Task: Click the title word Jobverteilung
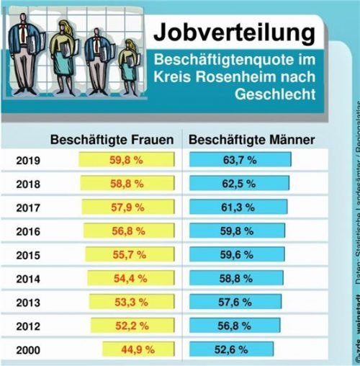tap(234, 32)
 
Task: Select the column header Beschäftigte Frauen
tap(112, 140)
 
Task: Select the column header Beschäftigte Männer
tap(251, 140)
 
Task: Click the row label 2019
tap(28, 161)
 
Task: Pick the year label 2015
tap(28, 255)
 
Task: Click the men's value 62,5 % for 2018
tap(239, 184)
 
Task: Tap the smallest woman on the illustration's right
tap(130, 68)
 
